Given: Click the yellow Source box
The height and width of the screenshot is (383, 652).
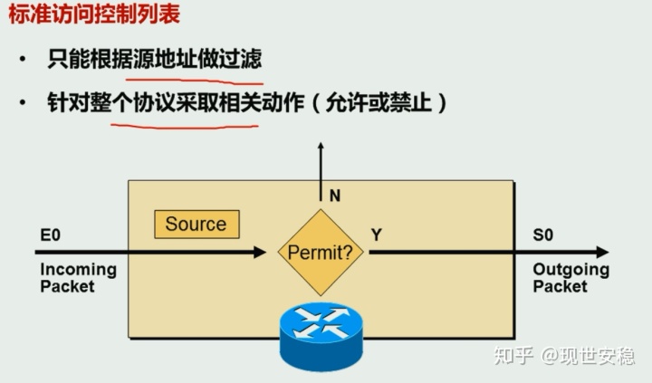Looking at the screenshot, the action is point(196,224).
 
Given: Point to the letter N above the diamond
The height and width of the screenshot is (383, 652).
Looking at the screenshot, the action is point(334,195).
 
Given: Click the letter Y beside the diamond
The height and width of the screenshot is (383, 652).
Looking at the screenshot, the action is point(377,235).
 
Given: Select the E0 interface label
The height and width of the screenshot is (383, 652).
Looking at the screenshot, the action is point(50,235).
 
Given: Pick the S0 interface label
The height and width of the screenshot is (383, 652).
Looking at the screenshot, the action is point(542,235).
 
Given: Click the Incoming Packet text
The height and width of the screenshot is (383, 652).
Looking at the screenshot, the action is point(78,278).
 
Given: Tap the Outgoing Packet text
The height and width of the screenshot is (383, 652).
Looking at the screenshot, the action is point(570,278).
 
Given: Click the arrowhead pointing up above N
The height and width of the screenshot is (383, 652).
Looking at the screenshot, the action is point(320,147).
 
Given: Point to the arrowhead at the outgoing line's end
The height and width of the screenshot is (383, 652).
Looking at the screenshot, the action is point(600,253).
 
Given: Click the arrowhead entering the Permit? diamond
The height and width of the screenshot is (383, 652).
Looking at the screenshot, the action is point(269,252).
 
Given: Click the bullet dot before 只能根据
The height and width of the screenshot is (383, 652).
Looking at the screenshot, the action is point(23,61).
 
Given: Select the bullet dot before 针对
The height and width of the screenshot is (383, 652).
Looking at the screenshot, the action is point(23,103).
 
